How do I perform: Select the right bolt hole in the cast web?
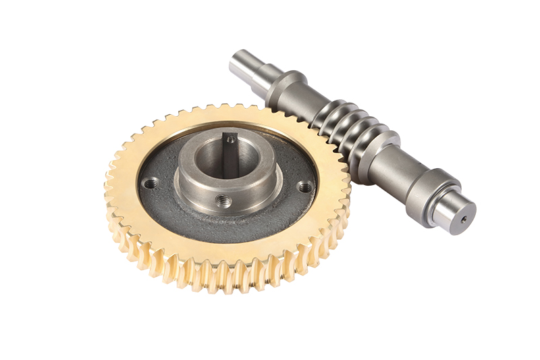click(305, 187)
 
